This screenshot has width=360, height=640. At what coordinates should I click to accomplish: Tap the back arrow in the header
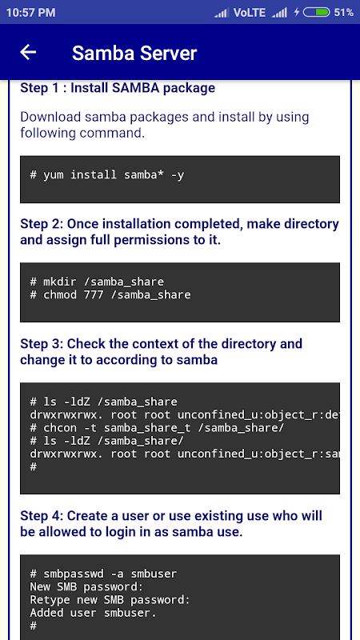pyautogui.click(x=28, y=52)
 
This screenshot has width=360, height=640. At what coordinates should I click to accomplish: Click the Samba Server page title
pyautogui.click(x=134, y=53)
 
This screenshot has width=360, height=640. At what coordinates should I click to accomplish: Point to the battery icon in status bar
pyautogui.click(x=316, y=13)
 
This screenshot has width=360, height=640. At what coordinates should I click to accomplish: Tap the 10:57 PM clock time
pyautogui.click(x=30, y=13)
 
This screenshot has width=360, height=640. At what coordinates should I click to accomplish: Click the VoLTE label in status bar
pyautogui.click(x=250, y=13)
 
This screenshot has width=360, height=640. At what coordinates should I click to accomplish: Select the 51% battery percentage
pyautogui.click(x=344, y=13)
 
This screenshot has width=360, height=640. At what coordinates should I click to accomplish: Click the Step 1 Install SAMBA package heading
pyautogui.click(x=118, y=88)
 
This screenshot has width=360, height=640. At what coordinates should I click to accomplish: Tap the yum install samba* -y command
pyautogui.click(x=107, y=175)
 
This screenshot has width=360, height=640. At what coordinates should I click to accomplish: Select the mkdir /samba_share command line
pyautogui.click(x=97, y=282)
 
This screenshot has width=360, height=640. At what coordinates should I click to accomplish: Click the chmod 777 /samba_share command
pyautogui.click(x=110, y=294)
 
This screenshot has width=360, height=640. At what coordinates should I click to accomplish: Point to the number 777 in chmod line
pyautogui.click(x=94, y=294)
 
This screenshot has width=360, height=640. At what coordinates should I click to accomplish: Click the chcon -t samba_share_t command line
pyautogui.click(x=157, y=428)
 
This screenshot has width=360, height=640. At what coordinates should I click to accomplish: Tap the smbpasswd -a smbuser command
pyautogui.click(x=104, y=574)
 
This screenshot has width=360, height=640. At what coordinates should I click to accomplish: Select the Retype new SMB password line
pyautogui.click(x=110, y=600)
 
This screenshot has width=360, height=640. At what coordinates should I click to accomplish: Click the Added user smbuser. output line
pyautogui.click(x=94, y=613)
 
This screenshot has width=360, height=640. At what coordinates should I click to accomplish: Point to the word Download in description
pyautogui.click(x=50, y=117)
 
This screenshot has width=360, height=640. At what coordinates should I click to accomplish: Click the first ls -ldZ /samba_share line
pyautogui.click(x=104, y=402)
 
